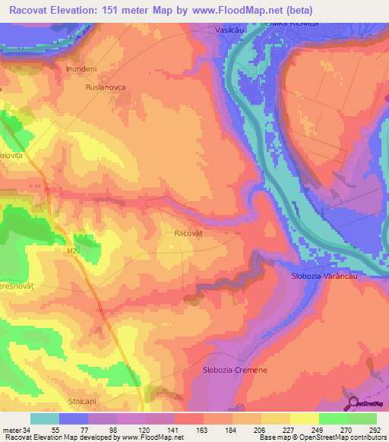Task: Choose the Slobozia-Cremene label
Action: tap(235, 369)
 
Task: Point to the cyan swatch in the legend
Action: tap(45, 418)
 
